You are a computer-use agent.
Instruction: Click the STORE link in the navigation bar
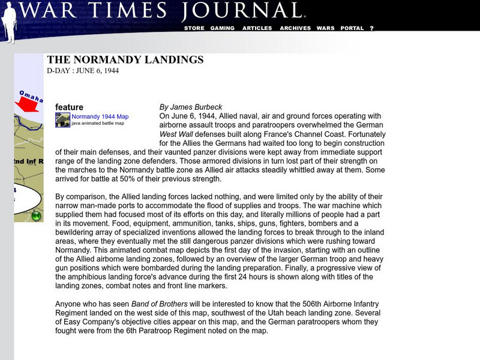[x=194, y=28]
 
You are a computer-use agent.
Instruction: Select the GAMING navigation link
[x=223, y=28]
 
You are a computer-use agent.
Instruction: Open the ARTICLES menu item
[x=257, y=28]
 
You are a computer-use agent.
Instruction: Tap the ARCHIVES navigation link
[x=295, y=28]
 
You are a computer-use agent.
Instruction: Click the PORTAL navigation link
[x=352, y=28]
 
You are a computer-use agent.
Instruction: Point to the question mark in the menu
[x=372, y=28]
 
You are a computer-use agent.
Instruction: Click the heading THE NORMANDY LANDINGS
[x=125, y=60]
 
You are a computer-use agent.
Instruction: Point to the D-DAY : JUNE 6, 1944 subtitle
[x=83, y=70]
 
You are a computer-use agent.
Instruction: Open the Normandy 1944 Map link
[x=100, y=116]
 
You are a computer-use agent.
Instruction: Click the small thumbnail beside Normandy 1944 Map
[x=62, y=120]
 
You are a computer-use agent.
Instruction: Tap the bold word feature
[x=69, y=107]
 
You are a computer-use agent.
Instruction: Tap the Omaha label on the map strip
[x=30, y=95]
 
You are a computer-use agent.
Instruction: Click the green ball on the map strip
[x=37, y=215]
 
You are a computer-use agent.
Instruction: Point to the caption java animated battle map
[x=98, y=123]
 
